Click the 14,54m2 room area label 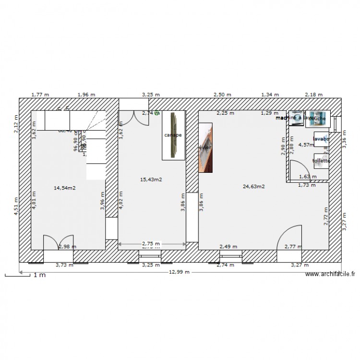[x=64, y=188]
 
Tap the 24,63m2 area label [x=254, y=187]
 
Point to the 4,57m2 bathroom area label [x=306, y=144]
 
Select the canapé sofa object [x=173, y=135]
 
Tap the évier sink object [x=205, y=147]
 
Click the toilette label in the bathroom [x=321, y=161]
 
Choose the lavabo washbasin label [x=321, y=139]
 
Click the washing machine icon [x=296, y=119]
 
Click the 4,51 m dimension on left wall [x=16, y=206]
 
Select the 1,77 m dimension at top [x=40, y=95]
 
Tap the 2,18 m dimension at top [x=314, y=95]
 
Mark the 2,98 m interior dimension [x=67, y=247]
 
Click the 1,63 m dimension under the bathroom [x=308, y=177]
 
